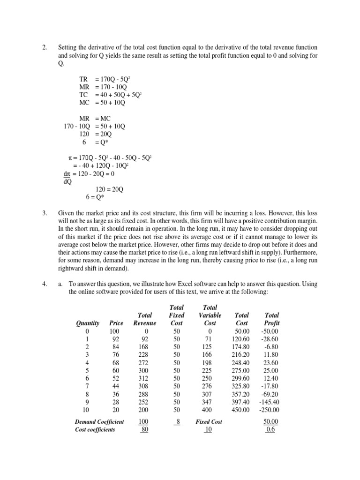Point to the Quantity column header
(x=88, y=323)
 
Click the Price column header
(x=116, y=323)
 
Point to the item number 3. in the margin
(x=45, y=213)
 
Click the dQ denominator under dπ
(x=68, y=181)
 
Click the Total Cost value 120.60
(x=241, y=330)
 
